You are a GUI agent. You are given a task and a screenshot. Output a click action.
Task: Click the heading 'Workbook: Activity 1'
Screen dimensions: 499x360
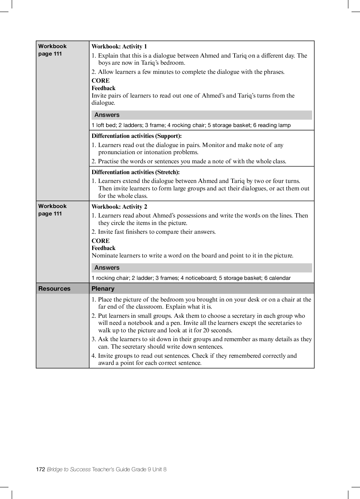click(119, 47)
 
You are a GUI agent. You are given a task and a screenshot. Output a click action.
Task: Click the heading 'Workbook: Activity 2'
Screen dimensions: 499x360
click(119, 207)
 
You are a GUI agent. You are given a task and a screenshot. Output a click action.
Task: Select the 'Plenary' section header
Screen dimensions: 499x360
click(103, 289)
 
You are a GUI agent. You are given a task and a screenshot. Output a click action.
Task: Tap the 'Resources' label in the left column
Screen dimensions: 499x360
click(54, 289)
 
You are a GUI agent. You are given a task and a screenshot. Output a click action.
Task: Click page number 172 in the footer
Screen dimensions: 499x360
click(40, 469)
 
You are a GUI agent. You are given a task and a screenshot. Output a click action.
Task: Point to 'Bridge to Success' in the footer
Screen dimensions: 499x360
click(69, 469)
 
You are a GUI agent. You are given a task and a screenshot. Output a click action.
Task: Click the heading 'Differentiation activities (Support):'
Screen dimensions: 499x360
click(137, 136)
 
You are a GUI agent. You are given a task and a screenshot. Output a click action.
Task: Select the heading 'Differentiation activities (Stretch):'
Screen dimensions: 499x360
click(136, 172)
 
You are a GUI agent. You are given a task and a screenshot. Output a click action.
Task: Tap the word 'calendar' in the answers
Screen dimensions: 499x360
click(280, 278)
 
